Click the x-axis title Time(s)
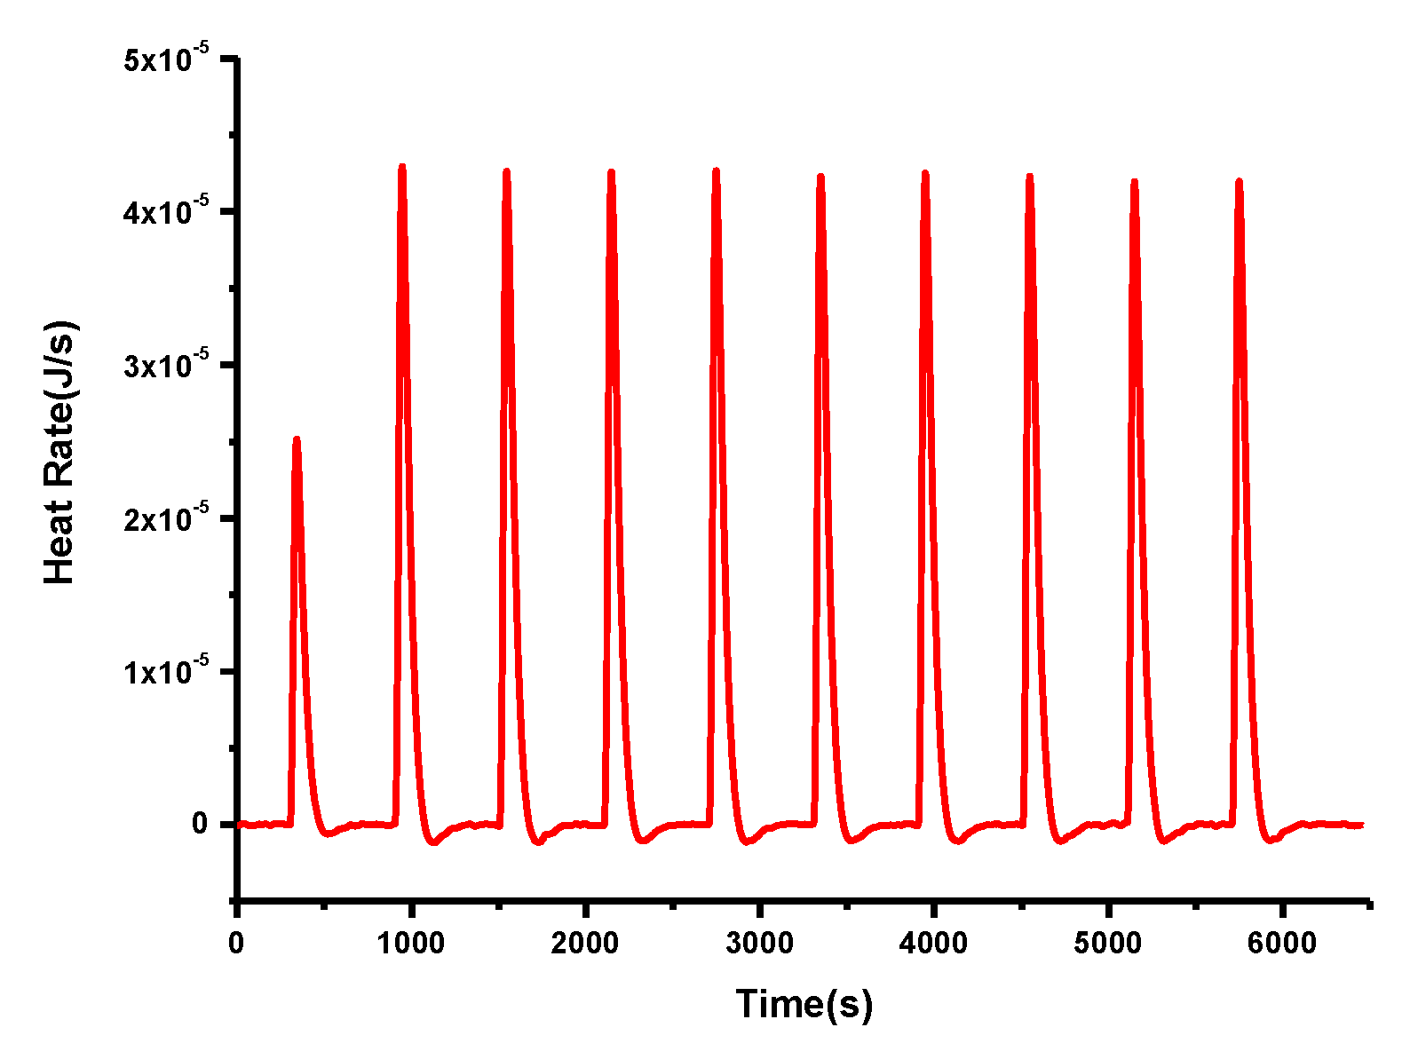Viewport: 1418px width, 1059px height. coord(804,1004)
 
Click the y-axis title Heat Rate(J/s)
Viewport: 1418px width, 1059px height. coord(60,453)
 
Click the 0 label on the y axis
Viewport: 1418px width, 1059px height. coord(200,824)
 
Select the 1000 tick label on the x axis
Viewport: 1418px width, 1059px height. coord(410,943)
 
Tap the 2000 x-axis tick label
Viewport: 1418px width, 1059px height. coord(584,943)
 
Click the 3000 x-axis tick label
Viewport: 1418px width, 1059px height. coord(759,943)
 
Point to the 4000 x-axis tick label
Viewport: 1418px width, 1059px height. coord(933,943)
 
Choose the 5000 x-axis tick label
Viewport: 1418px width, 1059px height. coord(1107,943)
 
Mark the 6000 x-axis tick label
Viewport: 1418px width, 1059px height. coord(1281,943)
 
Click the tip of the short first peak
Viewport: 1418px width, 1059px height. coord(297,439)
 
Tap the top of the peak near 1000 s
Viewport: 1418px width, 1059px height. coord(402,166)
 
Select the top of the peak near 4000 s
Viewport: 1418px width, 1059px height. coord(925,173)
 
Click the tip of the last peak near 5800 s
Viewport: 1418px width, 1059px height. coord(1239,181)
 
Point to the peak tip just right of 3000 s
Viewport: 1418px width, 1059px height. coord(820,176)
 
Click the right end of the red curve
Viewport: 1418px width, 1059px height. coord(1361,826)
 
